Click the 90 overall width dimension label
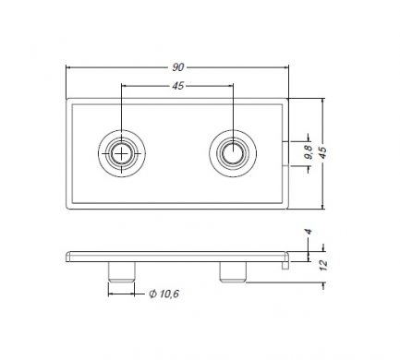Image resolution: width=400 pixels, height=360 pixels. coord(178,67)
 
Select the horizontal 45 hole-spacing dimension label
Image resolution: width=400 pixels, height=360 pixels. coord(178,86)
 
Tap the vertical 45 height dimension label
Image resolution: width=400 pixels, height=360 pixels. coord(322,153)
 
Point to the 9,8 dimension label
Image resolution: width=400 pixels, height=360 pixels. coord(309,151)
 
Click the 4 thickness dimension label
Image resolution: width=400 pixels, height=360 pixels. coord(309,232)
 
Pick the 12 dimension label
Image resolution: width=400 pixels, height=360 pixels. coord(323,265)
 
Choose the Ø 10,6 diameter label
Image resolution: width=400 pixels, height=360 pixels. coord(164,294)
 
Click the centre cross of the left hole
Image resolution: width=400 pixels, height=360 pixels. coord(122,153)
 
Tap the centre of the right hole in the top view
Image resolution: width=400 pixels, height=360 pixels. coord(233,153)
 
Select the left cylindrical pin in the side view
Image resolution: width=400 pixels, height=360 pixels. coord(121,271)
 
